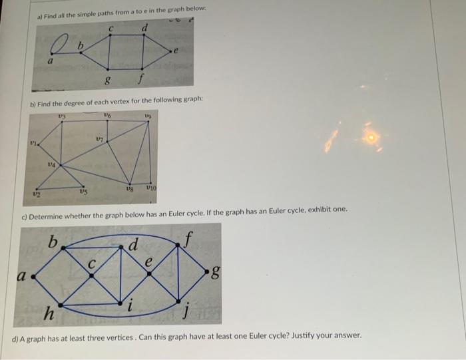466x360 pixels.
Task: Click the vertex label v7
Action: [x=99, y=140]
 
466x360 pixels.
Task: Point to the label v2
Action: [x=37, y=194]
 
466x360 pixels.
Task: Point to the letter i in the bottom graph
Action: [x=130, y=307]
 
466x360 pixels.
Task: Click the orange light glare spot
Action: [x=371, y=138]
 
